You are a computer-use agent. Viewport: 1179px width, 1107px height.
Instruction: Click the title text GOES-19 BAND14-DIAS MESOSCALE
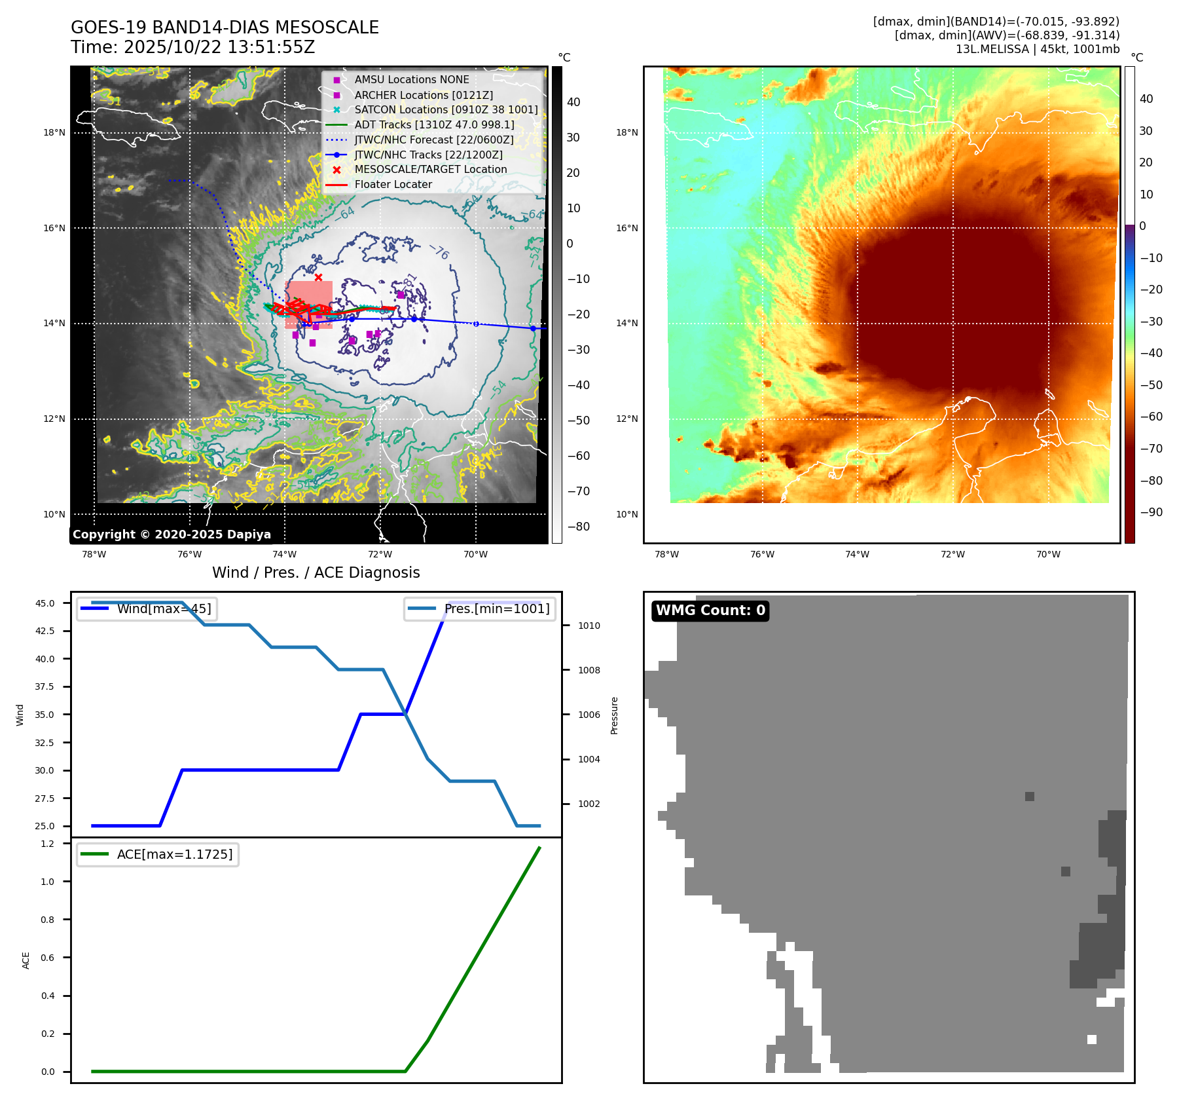pos(225,28)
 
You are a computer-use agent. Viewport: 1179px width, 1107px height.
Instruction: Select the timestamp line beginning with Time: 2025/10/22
pos(192,47)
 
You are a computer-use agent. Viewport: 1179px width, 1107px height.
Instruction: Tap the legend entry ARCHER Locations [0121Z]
pos(424,95)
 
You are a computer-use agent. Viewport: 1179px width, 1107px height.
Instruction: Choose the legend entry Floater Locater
pos(393,185)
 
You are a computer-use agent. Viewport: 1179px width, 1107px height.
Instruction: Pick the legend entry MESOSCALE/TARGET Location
pos(430,170)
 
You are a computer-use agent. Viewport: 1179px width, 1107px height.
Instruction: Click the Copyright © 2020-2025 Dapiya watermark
pos(172,535)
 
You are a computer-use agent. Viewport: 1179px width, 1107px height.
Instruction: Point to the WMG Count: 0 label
pos(710,610)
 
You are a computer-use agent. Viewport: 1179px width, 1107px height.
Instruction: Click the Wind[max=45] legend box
pos(147,609)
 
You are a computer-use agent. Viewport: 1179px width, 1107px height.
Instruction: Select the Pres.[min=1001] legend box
pos(480,609)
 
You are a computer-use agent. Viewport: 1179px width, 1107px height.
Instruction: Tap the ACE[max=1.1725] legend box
pos(158,854)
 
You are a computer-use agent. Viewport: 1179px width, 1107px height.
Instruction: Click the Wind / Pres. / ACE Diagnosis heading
pos(316,572)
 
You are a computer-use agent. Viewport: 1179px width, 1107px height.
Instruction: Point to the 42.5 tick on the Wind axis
pos(45,631)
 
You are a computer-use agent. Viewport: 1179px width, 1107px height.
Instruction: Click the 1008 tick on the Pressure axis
pos(589,670)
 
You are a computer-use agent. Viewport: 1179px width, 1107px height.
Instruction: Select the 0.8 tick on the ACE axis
pos(48,920)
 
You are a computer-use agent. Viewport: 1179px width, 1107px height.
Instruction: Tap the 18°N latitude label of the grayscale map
pos(54,133)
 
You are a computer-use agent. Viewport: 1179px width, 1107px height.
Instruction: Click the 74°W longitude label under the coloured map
pos(857,554)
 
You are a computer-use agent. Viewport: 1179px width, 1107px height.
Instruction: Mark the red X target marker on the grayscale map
pos(318,278)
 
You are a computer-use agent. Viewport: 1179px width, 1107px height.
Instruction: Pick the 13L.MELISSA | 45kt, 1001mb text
pos(1037,49)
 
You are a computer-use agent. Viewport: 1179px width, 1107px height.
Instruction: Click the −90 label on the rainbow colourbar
pos(1151,512)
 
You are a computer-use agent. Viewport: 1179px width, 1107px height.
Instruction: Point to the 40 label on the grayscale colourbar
pos(573,102)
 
